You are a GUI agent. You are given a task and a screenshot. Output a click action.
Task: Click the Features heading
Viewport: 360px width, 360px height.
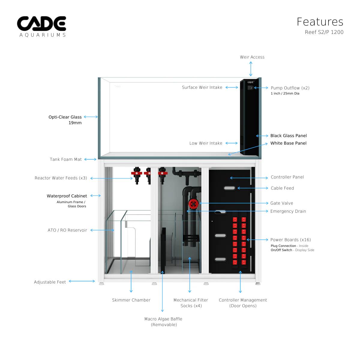point(320,22)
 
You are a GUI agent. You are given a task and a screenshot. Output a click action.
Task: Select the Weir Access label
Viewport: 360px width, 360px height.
point(252,57)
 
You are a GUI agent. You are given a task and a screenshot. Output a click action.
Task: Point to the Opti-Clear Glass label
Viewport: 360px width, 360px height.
point(65,117)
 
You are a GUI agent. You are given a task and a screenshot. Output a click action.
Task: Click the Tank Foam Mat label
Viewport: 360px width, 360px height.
point(66,159)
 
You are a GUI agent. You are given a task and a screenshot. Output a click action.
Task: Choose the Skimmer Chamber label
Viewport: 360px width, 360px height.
point(131,300)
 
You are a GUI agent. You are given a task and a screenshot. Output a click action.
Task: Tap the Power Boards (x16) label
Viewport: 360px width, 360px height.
point(290,240)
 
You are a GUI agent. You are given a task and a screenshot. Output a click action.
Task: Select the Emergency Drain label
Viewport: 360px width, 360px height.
point(288,211)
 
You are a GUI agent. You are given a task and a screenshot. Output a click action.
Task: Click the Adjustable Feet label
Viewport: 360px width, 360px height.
point(50,282)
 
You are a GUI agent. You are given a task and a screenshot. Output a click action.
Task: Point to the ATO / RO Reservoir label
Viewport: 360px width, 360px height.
point(67,230)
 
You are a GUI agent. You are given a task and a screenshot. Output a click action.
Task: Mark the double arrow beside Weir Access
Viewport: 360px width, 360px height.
point(251,70)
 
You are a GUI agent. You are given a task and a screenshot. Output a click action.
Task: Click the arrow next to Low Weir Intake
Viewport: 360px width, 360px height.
point(231,143)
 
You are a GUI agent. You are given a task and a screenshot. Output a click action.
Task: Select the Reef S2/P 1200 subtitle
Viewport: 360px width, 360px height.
point(324,32)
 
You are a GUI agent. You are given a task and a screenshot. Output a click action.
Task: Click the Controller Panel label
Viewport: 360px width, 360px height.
point(287,177)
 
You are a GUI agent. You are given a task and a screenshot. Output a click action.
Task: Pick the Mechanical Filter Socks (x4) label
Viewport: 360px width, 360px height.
point(190,303)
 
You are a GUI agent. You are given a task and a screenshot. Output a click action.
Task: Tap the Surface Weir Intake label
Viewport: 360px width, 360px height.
point(202,87)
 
